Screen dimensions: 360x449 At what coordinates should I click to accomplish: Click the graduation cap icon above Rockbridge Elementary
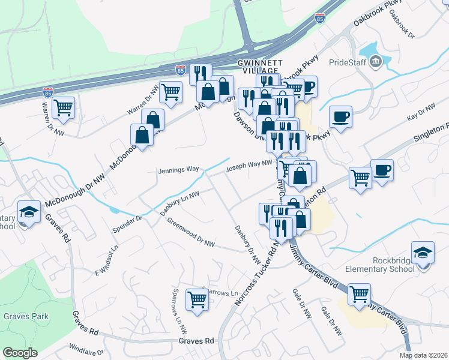pyautogui.click(x=423, y=252)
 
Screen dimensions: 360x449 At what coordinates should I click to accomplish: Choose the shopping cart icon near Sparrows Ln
pyautogui.click(x=197, y=299)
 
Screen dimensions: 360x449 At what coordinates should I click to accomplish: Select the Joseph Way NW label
pyautogui.click(x=249, y=166)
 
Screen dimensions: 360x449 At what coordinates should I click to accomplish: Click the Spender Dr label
pyautogui.click(x=127, y=223)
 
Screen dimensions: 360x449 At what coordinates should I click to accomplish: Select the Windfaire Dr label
pyautogui.click(x=87, y=348)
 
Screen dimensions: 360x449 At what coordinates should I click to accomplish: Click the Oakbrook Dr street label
pyautogui.click(x=402, y=26)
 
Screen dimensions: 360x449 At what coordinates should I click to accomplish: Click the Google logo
pyautogui.click(x=20, y=353)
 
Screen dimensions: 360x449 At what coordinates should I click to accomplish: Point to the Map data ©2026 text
pyautogui.click(x=423, y=355)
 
